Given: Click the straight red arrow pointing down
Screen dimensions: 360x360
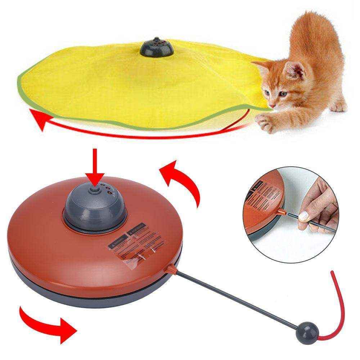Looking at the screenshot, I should tap(95, 166).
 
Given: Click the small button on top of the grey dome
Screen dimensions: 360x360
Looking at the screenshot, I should tap(95, 188).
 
